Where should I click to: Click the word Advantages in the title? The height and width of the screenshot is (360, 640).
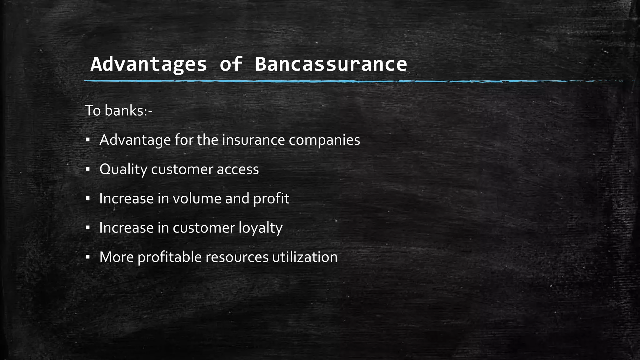pos(149,64)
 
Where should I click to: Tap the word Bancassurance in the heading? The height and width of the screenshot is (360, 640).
pos(331,64)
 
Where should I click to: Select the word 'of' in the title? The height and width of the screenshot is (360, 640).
pos(231,64)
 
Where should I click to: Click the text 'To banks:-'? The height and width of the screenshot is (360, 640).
pos(119,111)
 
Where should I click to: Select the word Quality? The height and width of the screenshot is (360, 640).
pos(123,170)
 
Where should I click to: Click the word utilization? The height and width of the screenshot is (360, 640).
pos(305,257)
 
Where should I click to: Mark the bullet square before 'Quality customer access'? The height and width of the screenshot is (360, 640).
pos(87,169)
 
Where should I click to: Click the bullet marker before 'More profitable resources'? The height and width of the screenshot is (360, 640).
pos(87,257)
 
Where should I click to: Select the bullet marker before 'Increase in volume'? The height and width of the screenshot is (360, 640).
pos(87,198)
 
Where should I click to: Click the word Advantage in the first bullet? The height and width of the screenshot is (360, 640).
pos(135,140)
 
